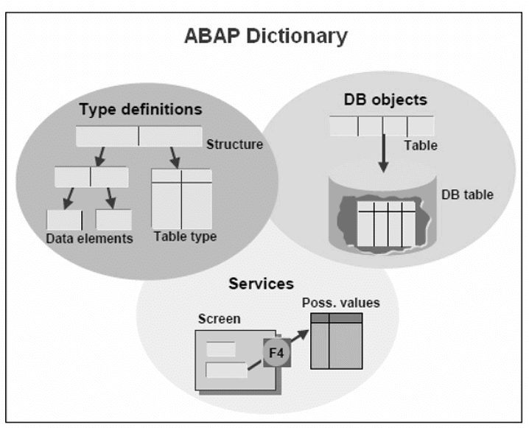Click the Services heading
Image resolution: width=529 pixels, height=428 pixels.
262,284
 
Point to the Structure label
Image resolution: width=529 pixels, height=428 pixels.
234,144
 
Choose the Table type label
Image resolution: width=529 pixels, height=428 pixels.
185,237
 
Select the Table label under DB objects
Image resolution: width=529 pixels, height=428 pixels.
420,145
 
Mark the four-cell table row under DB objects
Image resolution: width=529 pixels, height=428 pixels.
382,125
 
